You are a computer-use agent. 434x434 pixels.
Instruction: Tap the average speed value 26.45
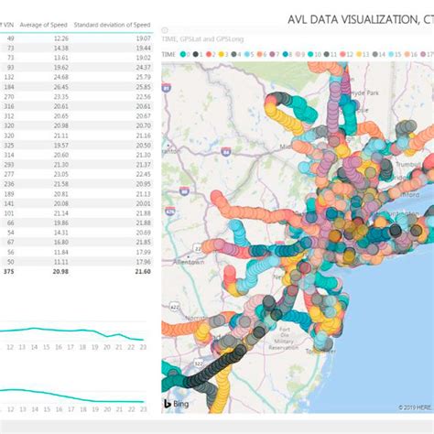coord(57,86)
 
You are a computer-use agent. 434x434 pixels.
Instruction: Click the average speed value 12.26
coord(57,38)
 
